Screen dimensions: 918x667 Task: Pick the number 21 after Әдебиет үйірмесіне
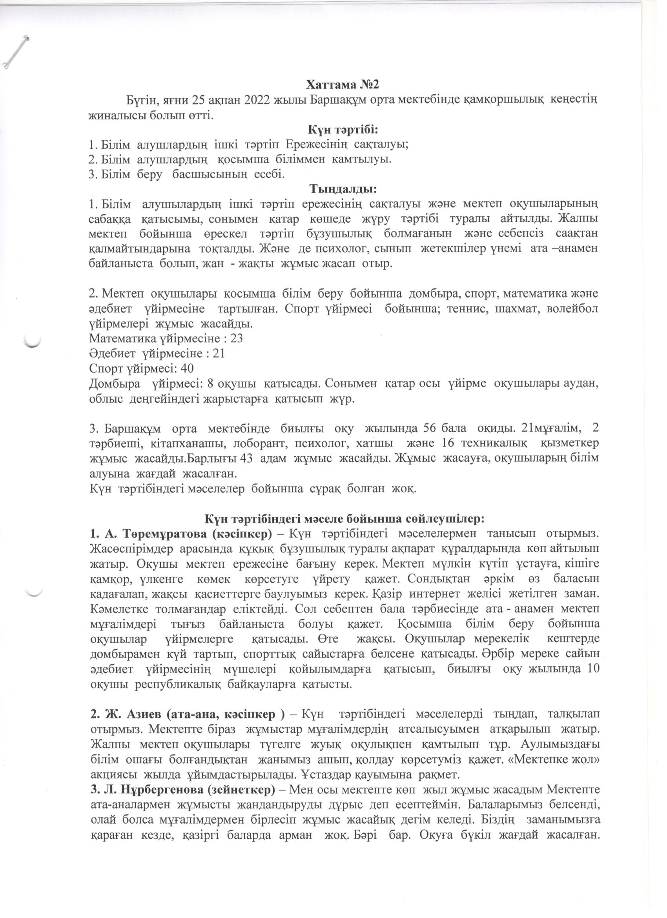pos(218,353)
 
